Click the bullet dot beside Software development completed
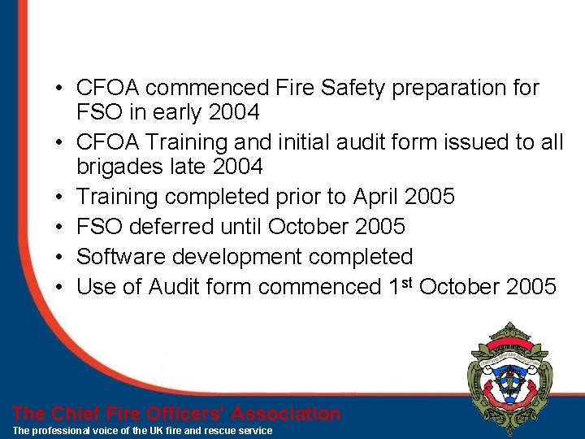61,258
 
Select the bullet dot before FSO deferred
61,228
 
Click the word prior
320,197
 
